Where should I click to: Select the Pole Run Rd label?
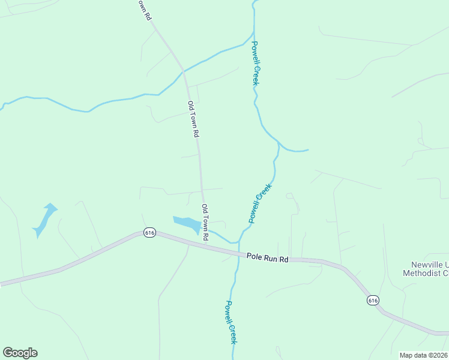coord(268,258)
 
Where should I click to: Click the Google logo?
coord(20,353)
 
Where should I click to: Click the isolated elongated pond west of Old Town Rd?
coord(44,219)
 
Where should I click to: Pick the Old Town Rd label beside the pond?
coord(205,223)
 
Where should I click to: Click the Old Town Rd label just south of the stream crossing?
coord(192,119)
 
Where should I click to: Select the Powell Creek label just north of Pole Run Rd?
coord(261,203)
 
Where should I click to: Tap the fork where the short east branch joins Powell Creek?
coord(279,144)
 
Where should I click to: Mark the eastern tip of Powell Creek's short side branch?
coord(308,150)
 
